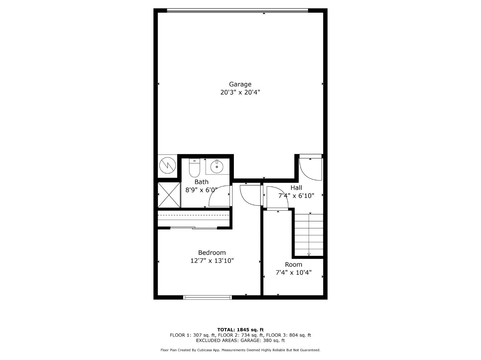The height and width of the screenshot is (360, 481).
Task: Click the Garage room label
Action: point(240,84)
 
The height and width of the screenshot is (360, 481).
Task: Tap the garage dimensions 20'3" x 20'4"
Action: point(240,92)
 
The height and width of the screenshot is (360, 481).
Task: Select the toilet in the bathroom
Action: point(194,168)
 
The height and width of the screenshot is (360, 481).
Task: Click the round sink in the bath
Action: point(217,167)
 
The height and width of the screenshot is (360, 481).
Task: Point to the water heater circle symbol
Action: point(167,165)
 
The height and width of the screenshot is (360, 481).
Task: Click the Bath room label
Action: point(201,182)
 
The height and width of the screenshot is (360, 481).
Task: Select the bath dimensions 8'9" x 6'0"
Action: point(201,190)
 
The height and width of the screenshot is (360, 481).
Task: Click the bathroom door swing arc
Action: point(219,197)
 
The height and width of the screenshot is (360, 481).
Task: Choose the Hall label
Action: point(296,188)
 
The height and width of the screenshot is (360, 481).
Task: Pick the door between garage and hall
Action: point(310,168)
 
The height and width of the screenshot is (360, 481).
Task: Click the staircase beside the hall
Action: point(309,235)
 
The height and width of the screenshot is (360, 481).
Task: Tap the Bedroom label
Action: point(212,253)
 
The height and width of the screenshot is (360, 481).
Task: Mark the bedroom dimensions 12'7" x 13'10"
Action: point(212,261)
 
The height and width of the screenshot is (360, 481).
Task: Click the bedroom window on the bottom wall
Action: point(207,297)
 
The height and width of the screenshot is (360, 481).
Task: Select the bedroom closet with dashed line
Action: point(194,218)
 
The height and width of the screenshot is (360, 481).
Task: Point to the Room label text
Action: point(293,265)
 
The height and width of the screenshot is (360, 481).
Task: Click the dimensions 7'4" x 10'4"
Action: point(293,273)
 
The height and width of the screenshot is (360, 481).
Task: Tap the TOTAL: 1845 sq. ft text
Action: point(240,330)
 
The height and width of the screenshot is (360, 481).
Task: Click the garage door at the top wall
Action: point(237,11)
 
